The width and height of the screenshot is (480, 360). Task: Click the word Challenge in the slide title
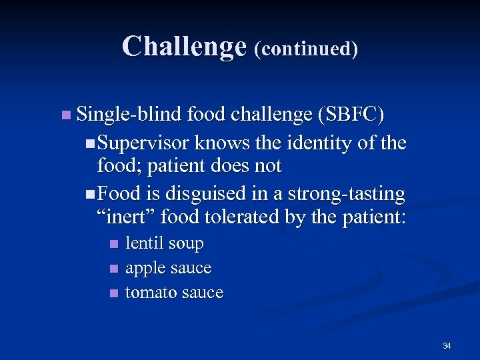point(184,47)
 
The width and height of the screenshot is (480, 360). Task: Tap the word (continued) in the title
point(306,49)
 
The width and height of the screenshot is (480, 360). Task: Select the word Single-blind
point(129,115)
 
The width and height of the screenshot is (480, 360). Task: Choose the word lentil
point(144,243)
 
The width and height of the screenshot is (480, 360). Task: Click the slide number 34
point(447,345)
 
